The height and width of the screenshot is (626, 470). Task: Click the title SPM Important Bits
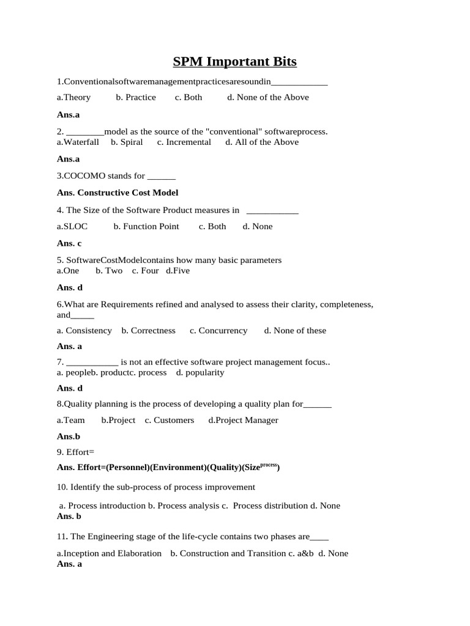coord(235,62)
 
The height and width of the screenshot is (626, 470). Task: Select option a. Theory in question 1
coord(73,97)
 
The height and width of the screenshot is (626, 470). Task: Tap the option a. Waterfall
coord(78,142)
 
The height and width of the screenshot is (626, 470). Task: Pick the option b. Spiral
coord(127,142)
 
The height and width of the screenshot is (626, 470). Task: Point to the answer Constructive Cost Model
coord(128,193)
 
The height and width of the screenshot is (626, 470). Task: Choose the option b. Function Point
coord(146,226)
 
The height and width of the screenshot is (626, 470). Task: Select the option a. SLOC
coord(72,226)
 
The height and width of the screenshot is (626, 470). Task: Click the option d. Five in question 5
coord(178,270)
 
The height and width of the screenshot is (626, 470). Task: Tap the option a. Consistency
coord(84,330)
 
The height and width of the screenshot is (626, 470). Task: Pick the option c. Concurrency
coord(218,330)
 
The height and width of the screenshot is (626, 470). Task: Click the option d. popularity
coord(200,372)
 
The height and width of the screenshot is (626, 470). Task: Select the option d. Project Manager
coord(243,420)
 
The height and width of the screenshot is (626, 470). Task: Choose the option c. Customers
coord(170,420)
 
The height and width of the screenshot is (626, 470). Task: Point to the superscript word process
coord(269,465)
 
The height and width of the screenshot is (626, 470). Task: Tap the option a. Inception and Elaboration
coord(109,553)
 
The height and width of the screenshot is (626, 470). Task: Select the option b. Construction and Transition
coord(228,553)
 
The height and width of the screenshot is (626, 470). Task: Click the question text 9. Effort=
coord(76,453)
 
